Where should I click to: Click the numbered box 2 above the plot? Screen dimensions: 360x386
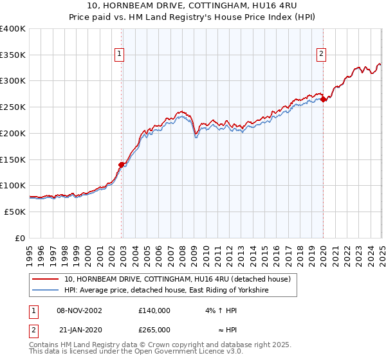click(x=321, y=55)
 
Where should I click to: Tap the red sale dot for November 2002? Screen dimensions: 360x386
click(x=121, y=165)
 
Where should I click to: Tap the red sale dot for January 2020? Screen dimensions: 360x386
click(x=323, y=99)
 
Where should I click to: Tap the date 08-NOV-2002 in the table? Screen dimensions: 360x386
click(x=79, y=310)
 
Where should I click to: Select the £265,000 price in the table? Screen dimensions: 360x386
click(x=154, y=329)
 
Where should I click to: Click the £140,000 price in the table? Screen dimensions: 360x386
click(x=154, y=310)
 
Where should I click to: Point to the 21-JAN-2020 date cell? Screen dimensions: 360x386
click(x=79, y=329)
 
